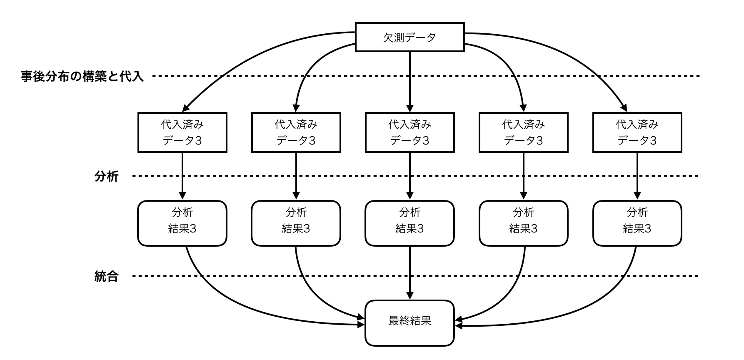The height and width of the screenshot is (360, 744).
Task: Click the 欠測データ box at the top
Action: [409, 37]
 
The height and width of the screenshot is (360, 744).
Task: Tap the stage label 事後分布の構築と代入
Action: [82, 76]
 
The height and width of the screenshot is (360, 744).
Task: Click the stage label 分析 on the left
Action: [107, 177]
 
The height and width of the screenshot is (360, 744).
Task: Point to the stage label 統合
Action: [107, 276]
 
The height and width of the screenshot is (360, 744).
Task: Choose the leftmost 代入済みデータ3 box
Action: [182, 132]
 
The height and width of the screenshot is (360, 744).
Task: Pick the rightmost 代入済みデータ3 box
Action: [637, 132]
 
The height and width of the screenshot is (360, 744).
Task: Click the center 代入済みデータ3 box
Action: [409, 132]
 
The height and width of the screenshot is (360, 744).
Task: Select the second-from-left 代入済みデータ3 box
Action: [296, 132]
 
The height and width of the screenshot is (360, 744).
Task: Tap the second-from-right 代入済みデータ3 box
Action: [523, 132]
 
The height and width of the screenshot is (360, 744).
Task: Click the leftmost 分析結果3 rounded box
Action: [182, 223]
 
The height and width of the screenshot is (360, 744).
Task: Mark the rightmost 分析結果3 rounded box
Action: [637, 223]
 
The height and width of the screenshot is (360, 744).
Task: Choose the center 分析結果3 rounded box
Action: [409, 223]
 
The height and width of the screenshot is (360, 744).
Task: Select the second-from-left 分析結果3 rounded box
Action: [296, 223]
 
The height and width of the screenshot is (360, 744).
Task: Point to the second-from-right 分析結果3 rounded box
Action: [523, 223]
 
